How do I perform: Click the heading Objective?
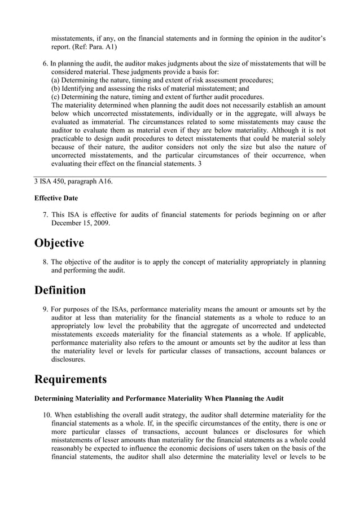59,243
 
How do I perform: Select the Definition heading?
60,291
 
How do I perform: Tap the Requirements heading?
70,378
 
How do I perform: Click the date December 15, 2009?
81,223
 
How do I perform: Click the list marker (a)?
56,81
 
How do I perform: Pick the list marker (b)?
56,89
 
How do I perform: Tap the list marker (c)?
56,96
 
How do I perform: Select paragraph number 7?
46,215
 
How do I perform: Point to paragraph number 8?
46,262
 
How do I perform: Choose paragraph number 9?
46,309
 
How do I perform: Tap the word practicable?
71,139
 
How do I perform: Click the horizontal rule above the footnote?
180,176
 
